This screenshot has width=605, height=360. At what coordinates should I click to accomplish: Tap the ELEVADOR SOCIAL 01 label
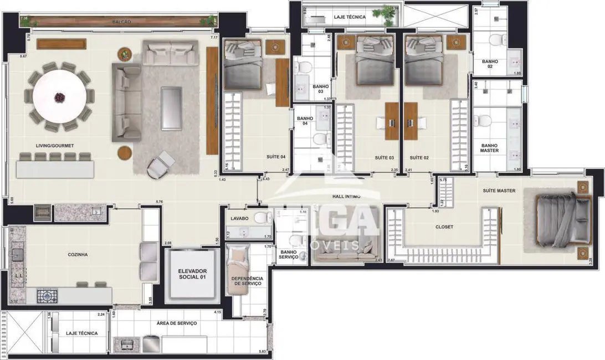pos(192,274)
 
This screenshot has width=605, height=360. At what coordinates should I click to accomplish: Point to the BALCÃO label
pos(121,22)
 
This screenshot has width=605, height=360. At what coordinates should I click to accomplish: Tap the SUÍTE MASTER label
pos(499,191)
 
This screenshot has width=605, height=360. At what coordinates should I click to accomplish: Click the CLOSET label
pos(444,227)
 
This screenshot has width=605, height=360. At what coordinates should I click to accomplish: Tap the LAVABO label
pos(240,219)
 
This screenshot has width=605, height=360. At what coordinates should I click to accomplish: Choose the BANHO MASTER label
pos(489,148)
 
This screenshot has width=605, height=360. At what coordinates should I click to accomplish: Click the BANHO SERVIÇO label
pos(289,255)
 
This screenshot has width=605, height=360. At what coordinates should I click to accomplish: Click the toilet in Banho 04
pos(320,138)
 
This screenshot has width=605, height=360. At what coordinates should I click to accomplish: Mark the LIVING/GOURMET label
pos(54,146)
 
